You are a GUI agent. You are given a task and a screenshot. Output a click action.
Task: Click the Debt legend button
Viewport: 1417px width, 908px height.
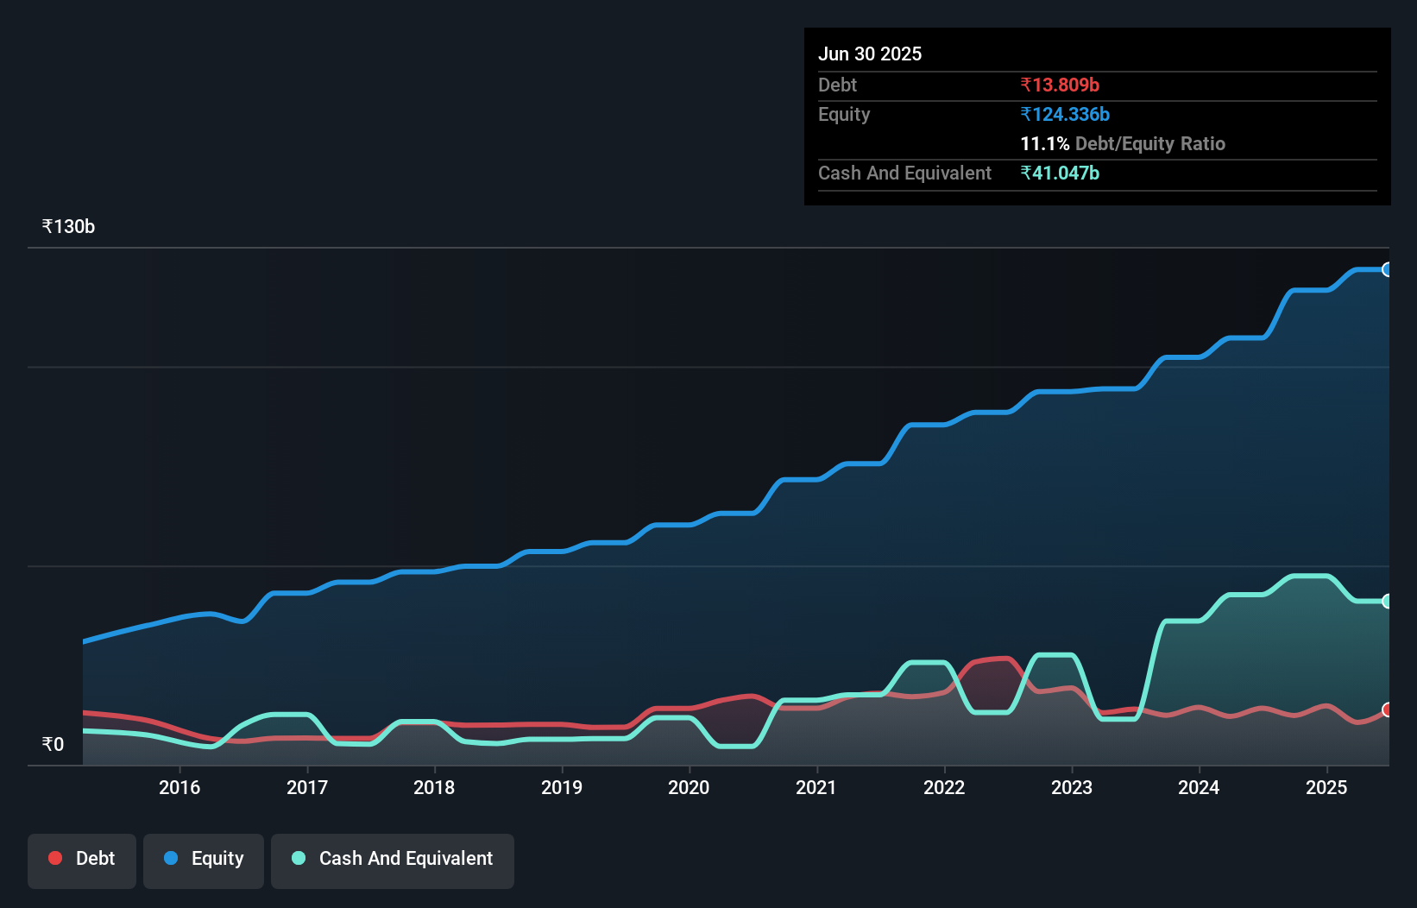82,859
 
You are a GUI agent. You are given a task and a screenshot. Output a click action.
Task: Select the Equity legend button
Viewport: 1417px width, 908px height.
204,859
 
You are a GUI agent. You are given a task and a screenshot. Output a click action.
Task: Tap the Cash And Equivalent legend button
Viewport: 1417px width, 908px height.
393,859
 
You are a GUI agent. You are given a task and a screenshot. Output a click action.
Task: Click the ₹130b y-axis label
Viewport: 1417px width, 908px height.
68,227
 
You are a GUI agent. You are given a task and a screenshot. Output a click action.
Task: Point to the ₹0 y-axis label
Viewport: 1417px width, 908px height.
53,745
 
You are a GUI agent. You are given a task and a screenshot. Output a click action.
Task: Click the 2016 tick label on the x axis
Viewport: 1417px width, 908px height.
179,787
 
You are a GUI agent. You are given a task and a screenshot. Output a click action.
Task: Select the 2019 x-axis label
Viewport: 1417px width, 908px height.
562,787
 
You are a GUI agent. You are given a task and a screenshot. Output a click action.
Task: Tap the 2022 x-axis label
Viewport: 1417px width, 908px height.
944,787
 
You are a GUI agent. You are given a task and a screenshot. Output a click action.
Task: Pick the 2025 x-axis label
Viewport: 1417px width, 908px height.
1326,787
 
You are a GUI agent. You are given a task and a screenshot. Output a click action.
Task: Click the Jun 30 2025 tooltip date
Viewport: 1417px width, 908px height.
870,54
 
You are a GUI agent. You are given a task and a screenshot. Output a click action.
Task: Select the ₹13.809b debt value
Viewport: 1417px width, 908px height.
1060,85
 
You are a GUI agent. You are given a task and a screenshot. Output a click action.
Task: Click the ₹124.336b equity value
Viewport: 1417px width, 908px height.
1065,115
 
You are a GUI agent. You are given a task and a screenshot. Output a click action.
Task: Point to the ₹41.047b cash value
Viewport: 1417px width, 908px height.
1060,173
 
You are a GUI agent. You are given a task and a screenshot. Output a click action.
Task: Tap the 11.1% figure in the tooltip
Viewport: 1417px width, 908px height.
1044,144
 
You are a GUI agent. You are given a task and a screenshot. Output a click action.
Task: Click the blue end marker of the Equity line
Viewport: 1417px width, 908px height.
1387,269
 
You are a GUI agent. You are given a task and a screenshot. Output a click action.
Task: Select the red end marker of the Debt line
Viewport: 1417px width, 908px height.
1387,709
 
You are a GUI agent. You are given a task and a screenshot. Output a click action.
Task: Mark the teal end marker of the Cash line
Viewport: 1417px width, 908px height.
1387,601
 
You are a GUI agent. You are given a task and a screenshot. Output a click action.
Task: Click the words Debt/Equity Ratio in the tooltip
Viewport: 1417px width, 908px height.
1149,144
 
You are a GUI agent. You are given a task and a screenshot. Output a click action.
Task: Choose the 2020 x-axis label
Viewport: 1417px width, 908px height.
689,787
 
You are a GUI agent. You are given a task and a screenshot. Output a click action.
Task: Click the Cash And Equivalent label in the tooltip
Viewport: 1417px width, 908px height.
904,173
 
